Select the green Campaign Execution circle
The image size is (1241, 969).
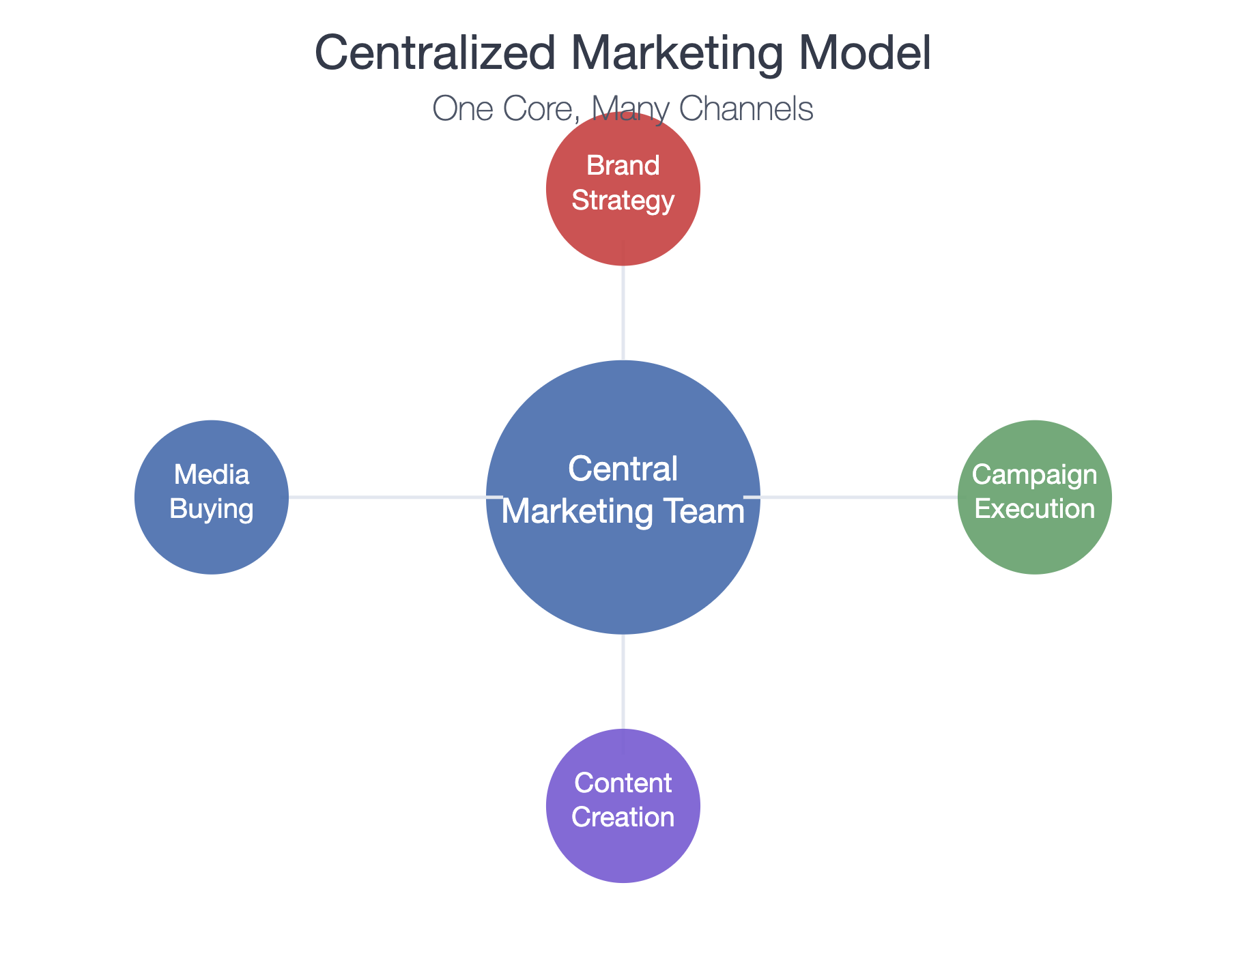(x=1034, y=546)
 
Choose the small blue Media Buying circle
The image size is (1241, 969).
(x=211, y=546)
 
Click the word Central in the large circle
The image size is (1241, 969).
(x=623, y=469)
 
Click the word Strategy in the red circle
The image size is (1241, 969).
(x=623, y=201)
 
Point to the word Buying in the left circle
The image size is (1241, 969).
(x=211, y=509)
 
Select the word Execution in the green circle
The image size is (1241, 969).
(x=1034, y=509)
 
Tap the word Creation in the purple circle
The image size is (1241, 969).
(x=623, y=818)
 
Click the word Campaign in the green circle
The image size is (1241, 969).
(x=1034, y=475)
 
